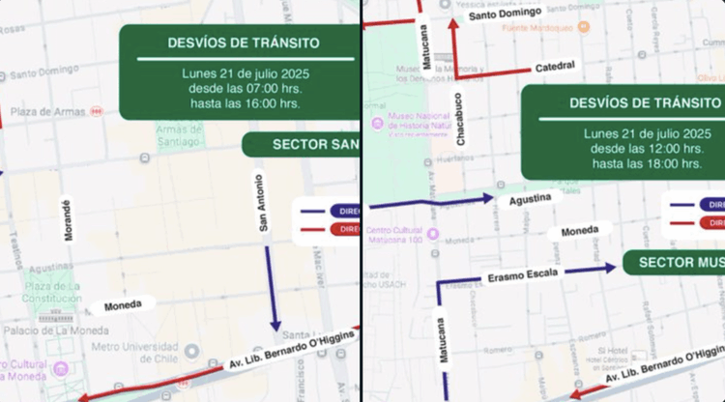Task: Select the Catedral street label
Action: pos(554,67)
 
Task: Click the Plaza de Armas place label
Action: pos(47,112)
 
